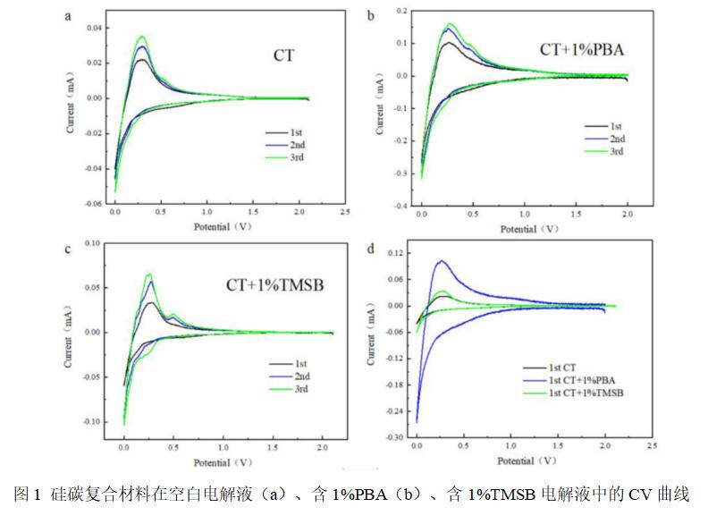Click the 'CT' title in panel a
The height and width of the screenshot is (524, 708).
(x=284, y=55)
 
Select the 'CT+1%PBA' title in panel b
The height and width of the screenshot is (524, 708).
(x=581, y=50)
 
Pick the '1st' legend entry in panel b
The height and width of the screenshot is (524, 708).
(x=616, y=127)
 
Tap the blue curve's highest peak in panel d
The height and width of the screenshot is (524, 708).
(x=441, y=261)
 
